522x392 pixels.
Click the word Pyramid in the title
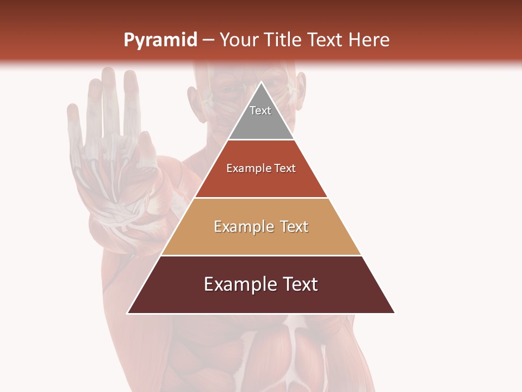coord(160,40)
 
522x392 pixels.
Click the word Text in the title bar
coord(327,40)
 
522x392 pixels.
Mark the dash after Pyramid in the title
coord(208,40)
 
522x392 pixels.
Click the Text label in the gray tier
coord(260,111)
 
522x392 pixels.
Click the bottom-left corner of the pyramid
coord(128,313)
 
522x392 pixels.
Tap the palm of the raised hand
coord(111,185)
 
